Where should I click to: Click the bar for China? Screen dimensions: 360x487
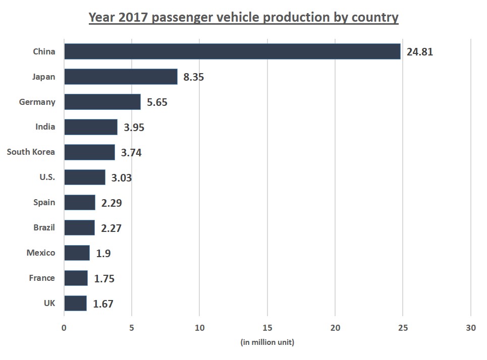[x=232, y=51]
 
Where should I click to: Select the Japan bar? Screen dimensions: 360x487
[x=121, y=77]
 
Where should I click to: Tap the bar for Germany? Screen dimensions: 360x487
[x=102, y=102]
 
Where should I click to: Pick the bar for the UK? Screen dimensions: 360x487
[x=75, y=304]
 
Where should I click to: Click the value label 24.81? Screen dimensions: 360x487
[x=420, y=52]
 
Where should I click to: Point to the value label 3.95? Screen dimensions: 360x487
[x=134, y=128]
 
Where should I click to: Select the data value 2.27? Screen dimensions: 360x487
[x=111, y=228]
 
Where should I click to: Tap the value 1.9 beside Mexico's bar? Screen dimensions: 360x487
[x=103, y=254]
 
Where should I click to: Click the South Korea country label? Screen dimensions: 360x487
[x=31, y=152]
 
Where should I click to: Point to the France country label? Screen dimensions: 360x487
[x=42, y=278]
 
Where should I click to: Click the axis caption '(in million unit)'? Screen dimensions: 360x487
[x=267, y=342]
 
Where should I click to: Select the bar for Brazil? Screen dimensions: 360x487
[x=79, y=228]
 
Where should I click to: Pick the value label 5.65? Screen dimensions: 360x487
[x=157, y=102]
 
